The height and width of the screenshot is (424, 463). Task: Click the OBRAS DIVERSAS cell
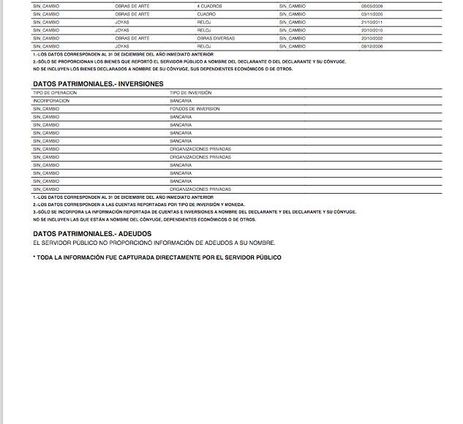point(215,38)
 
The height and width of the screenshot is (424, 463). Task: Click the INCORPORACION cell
point(51,101)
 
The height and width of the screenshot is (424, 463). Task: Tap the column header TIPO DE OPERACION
point(55,93)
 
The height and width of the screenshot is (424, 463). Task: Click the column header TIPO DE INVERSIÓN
point(190,93)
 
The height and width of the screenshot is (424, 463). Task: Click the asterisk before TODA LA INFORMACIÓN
point(34,257)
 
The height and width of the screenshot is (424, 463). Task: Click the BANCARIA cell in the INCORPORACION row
point(181,101)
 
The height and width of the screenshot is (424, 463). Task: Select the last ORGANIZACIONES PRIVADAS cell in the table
point(200,189)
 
